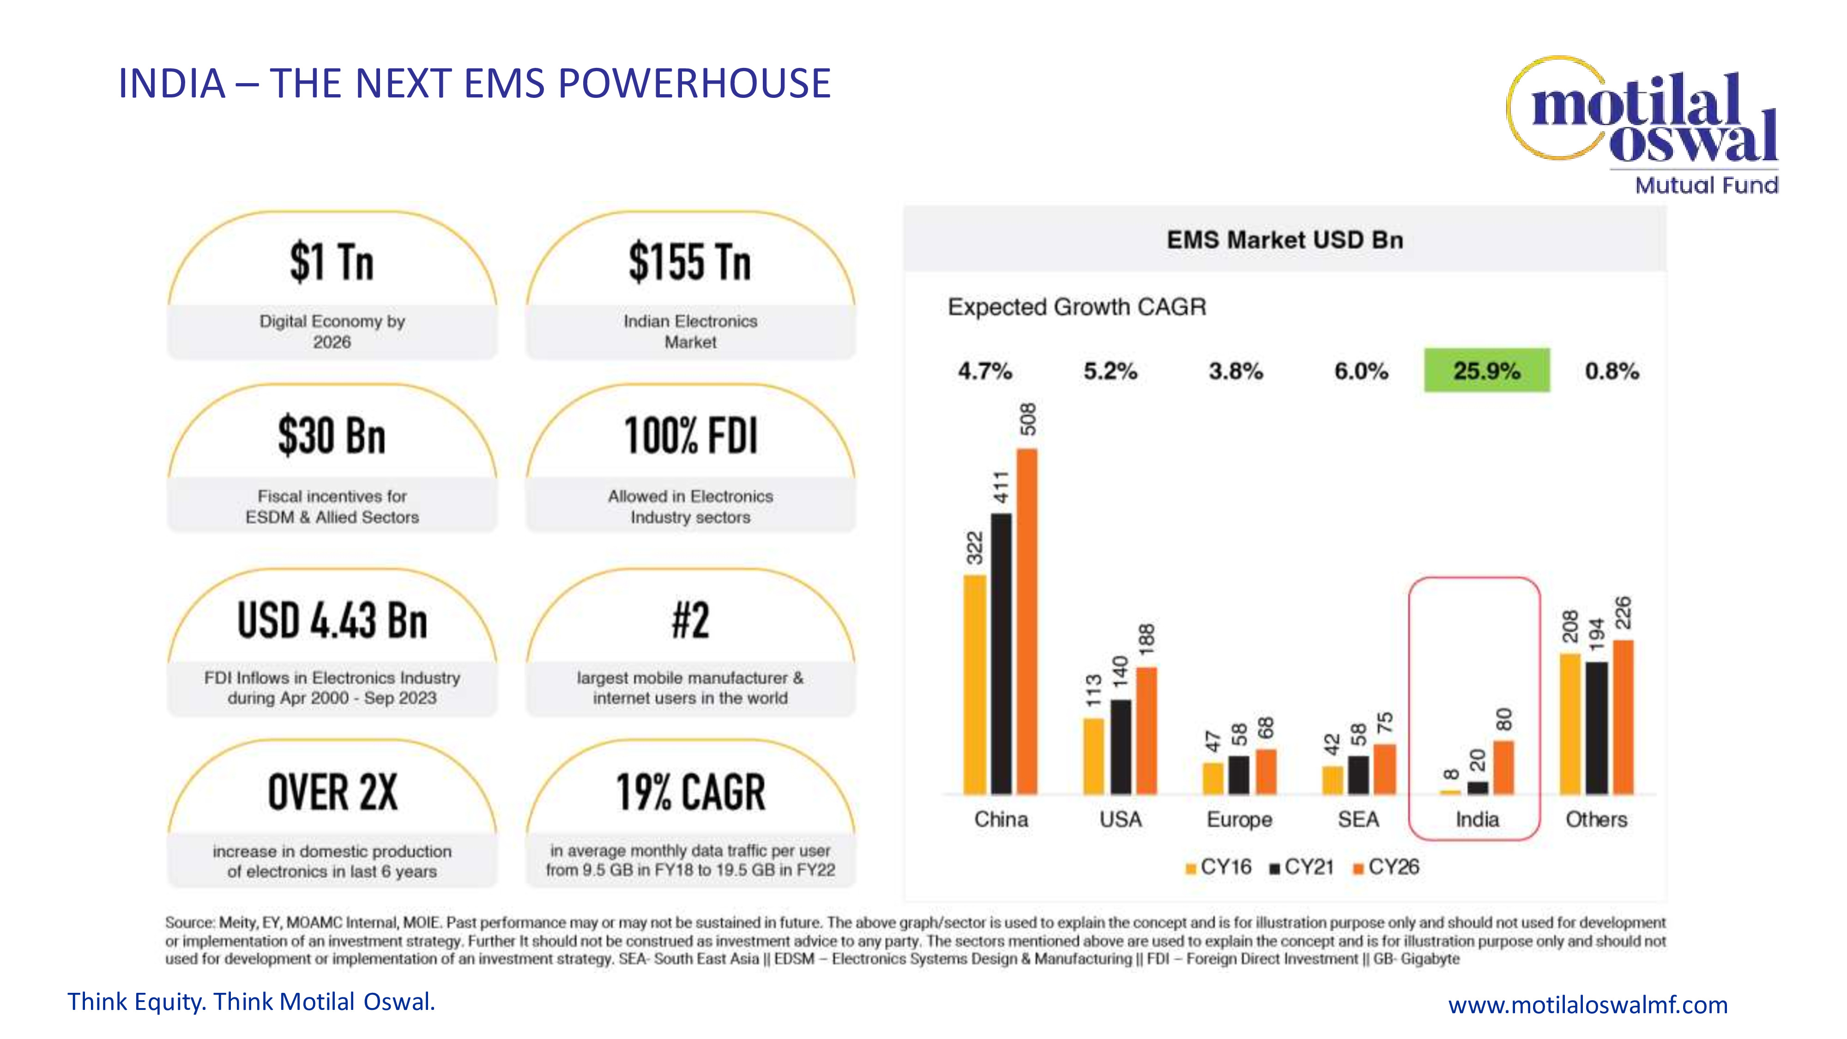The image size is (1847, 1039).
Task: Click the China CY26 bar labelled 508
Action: click(x=1027, y=621)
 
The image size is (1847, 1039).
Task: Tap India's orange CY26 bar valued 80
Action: click(x=1503, y=767)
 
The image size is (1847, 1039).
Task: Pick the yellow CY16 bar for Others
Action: click(x=1570, y=724)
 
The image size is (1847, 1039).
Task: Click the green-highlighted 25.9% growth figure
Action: click(x=1486, y=371)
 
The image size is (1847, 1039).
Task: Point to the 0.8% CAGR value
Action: click(x=1612, y=371)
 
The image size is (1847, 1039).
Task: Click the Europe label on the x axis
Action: click(x=1239, y=820)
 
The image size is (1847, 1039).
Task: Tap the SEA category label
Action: click(x=1358, y=820)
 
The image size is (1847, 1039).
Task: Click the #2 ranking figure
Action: click(x=690, y=621)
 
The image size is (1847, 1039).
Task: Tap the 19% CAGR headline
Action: click(x=690, y=792)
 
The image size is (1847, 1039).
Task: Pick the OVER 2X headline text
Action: click(x=332, y=792)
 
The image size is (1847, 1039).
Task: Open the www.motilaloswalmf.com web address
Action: click(x=1587, y=1004)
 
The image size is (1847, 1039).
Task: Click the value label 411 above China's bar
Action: click(x=1001, y=487)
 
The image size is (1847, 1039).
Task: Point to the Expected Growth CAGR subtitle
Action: click(x=1077, y=307)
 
